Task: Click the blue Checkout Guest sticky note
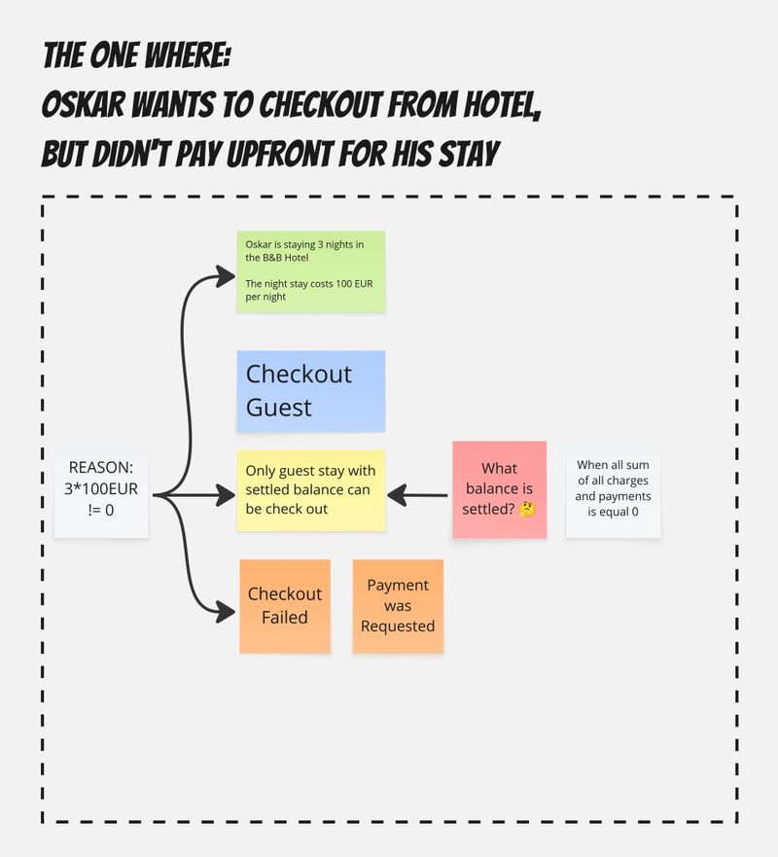tap(310, 391)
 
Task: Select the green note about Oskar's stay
tap(310, 270)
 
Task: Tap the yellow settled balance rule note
tap(310, 490)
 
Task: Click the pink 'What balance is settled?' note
tap(499, 489)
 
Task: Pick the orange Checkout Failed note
tap(285, 606)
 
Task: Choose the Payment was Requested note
tap(398, 606)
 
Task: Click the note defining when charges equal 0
tap(613, 488)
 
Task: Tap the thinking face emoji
tap(527, 510)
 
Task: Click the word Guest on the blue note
tap(279, 408)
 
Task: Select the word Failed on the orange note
tap(285, 618)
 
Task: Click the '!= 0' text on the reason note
tap(101, 508)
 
